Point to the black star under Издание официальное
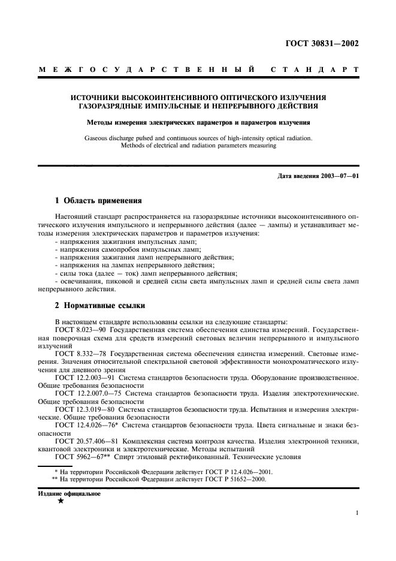click(60, 501)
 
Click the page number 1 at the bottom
click(356, 513)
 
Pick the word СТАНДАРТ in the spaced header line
click(315, 71)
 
